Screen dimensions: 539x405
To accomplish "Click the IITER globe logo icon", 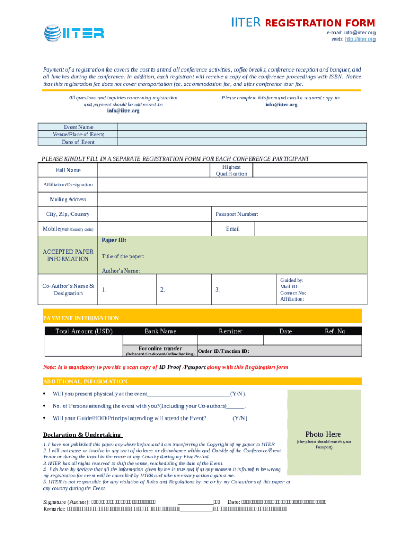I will click(53, 33).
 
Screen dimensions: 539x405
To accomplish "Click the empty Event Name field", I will click(242, 127).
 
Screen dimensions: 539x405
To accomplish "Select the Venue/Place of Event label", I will click(78, 134).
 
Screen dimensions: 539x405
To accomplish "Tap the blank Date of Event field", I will click(242, 142).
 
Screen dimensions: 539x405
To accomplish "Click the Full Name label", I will click(68, 170).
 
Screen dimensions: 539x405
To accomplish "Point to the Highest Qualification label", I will click(231, 170).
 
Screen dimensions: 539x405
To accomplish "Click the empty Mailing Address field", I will click(231, 199).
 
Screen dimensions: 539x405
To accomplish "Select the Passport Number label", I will click(237, 214).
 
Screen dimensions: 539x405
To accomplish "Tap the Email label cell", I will click(233, 229).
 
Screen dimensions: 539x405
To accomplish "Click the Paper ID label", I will click(114, 240).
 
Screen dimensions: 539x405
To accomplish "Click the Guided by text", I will click(292, 281).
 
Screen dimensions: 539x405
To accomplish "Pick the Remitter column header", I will click(231, 331).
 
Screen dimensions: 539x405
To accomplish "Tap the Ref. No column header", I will click(335, 331).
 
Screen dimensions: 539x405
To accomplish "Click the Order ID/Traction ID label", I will click(224, 351).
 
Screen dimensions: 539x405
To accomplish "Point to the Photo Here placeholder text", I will click(323, 434).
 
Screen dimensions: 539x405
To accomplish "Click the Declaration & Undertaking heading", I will click(82, 435).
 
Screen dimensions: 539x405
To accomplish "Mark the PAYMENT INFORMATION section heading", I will click(81, 318).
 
